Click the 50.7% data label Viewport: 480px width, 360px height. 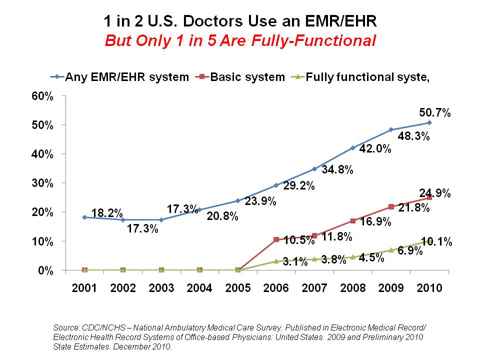point(434,113)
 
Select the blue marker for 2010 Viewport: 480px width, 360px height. point(429,122)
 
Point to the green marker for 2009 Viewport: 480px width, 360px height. point(391,250)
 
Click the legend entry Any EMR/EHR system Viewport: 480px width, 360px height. point(119,77)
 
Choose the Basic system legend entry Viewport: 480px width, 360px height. point(242,77)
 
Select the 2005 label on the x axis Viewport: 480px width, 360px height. point(238,288)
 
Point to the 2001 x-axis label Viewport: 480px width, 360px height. point(84,288)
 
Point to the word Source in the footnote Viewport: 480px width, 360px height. point(66,327)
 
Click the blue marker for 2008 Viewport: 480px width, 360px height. point(353,148)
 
